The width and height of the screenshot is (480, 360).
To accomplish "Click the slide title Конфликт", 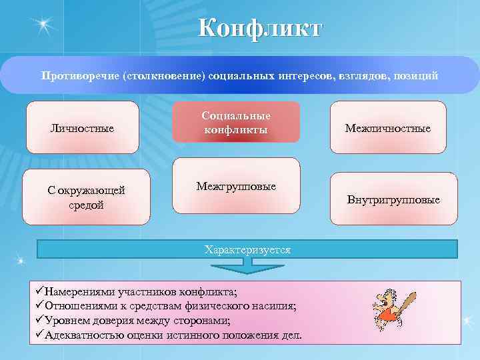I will [259, 28].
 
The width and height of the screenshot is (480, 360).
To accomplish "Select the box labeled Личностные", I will [83, 127].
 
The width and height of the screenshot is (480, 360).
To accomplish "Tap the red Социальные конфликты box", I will [236, 122].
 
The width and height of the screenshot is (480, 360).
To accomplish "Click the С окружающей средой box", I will [86, 197].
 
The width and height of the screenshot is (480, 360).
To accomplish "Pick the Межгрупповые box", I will [236, 187].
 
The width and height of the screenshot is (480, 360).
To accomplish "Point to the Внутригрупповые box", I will [393, 199].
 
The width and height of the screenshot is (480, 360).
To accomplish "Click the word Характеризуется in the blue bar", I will [247, 250].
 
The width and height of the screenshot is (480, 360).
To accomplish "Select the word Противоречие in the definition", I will [79, 75].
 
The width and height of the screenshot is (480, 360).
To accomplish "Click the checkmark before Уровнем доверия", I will [39, 320].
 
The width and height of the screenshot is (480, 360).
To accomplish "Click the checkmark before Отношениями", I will [39, 306].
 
